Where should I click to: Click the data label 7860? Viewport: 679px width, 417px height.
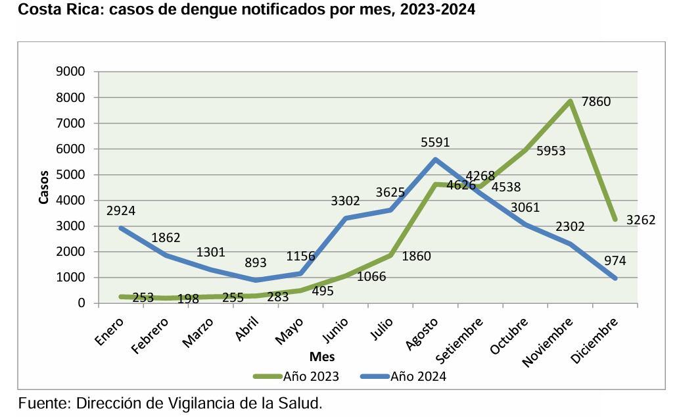click(596, 103)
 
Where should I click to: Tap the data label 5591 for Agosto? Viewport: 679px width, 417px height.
click(435, 142)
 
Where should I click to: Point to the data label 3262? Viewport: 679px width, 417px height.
click(641, 220)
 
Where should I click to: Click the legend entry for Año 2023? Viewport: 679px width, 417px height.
click(296, 377)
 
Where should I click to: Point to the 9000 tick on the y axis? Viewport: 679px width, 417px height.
click(70, 72)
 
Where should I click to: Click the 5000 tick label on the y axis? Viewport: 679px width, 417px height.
click(70, 175)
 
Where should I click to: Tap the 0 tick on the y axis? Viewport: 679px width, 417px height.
click(82, 303)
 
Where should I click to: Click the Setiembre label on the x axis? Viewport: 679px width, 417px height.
click(461, 339)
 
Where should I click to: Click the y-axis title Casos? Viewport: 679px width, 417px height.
click(44, 187)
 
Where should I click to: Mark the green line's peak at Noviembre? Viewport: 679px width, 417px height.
click(571, 101)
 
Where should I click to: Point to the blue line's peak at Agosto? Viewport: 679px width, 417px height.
click(435, 159)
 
